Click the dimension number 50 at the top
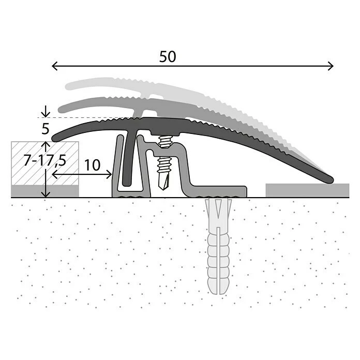point(168,57)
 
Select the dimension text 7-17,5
point(45,160)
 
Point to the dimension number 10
point(92,166)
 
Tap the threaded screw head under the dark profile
point(166,140)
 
